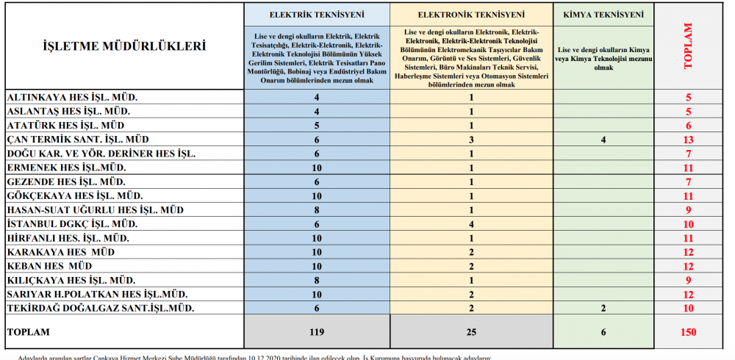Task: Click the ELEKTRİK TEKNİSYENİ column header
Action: pyautogui.click(x=316, y=14)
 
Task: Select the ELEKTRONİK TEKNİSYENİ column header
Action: pyautogui.click(x=470, y=14)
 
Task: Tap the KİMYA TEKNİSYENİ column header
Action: pyautogui.click(x=603, y=14)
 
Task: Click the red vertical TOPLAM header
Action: pyautogui.click(x=688, y=46)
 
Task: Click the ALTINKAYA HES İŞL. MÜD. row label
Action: pyautogui.click(x=72, y=97)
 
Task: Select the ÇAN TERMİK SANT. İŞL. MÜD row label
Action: pyautogui.click(x=77, y=140)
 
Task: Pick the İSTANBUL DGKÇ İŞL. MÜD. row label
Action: pyautogui.click(x=72, y=224)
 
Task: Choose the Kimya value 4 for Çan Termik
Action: pyautogui.click(x=603, y=140)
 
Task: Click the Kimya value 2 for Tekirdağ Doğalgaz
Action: pyautogui.click(x=603, y=308)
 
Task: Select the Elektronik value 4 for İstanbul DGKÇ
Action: pyautogui.click(x=470, y=224)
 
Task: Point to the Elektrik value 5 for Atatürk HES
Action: pyautogui.click(x=316, y=126)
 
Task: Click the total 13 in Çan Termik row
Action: pyautogui.click(x=688, y=140)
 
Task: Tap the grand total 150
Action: pyautogui.click(x=688, y=332)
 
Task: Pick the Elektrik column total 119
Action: pyautogui.click(x=316, y=332)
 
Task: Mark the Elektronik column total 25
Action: pyautogui.click(x=470, y=332)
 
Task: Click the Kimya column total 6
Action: pyautogui.click(x=603, y=332)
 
